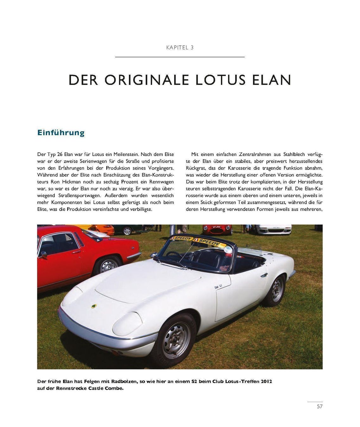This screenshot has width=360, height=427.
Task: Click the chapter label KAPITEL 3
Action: pyautogui.click(x=180, y=47)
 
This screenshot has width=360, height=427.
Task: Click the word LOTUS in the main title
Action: pyautogui.click(x=221, y=80)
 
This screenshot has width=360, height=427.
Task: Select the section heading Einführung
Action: pyautogui.click(x=61, y=133)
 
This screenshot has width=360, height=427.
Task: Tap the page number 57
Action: pyautogui.click(x=319, y=406)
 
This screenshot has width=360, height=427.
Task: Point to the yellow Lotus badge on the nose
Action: pyautogui.click(x=94, y=306)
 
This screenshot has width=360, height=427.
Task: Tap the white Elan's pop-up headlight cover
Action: pyautogui.click(x=128, y=323)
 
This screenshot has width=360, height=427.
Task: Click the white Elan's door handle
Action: pyautogui.click(x=264, y=275)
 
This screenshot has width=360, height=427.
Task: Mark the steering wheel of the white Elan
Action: pyautogui.click(x=175, y=254)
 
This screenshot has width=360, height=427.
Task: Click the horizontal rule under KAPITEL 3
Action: pyautogui.click(x=180, y=57)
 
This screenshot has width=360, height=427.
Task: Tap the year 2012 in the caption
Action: pyautogui.click(x=266, y=381)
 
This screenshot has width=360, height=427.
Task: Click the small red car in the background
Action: pyautogui.click(x=217, y=229)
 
